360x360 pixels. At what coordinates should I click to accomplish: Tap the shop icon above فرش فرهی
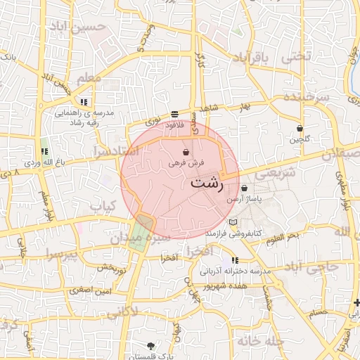point(186,152)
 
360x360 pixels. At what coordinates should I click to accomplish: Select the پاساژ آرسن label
point(244,200)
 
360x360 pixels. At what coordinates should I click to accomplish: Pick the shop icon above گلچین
point(300,129)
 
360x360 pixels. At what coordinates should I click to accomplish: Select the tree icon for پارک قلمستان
point(150,345)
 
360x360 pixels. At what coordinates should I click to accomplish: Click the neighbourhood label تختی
point(295,59)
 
